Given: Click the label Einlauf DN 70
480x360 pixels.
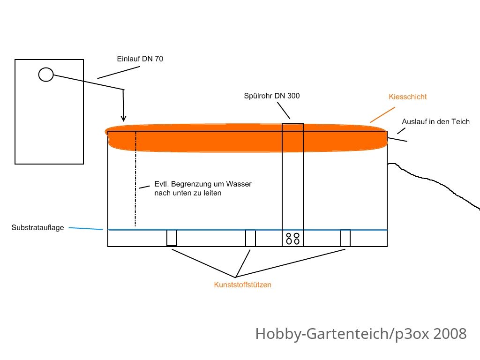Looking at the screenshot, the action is (140, 59).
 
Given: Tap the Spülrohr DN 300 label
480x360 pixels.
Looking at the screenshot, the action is (272, 96).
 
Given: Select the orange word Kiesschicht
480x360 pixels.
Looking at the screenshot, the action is (408, 97).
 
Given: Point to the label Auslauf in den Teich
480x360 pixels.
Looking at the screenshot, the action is (435, 121).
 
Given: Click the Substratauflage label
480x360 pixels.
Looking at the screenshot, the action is (37, 227).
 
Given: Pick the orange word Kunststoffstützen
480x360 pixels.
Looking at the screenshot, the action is (242, 285).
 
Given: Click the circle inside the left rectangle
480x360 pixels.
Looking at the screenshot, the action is (46, 75).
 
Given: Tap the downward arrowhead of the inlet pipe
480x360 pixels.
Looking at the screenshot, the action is (123, 119).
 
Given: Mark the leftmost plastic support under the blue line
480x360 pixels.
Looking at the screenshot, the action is (172, 238).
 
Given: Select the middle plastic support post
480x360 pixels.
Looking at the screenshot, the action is (250, 238).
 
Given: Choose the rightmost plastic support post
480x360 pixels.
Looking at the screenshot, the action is (345, 238).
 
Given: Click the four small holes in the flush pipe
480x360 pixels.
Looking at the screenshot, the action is (292, 239).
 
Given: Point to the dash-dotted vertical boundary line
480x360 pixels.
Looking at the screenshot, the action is (135, 179).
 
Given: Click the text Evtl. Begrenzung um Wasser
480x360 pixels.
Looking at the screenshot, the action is (203, 184).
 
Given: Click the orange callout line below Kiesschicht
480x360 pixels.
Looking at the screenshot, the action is (382, 115).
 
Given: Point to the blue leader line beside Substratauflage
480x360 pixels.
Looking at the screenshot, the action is (86, 228).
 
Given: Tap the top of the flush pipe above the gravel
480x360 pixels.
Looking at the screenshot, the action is (292, 124).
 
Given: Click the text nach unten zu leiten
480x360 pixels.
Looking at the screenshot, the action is (187, 193).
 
